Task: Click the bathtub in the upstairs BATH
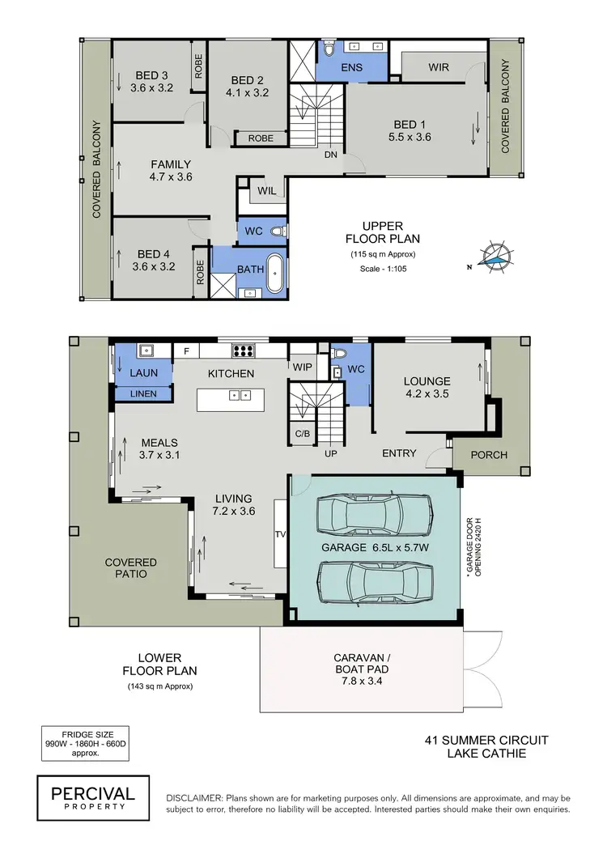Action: click(x=273, y=274)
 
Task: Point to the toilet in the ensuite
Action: click(x=329, y=50)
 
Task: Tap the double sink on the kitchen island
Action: click(x=240, y=395)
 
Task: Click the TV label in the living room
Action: click(x=280, y=534)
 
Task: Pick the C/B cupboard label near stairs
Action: click(x=303, y=434)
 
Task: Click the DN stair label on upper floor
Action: click(x=331, y=155)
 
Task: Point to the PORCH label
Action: click(x=489, y=455)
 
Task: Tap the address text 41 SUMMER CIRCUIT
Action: click(x=486, y=740)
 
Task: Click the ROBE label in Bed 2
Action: click(x=261, y=138)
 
